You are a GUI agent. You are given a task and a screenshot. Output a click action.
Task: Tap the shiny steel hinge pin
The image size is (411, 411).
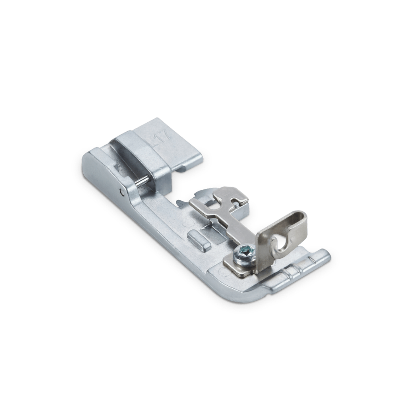[x=141, y=181]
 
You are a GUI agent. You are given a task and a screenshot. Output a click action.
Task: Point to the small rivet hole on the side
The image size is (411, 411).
[x=121, y=192]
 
